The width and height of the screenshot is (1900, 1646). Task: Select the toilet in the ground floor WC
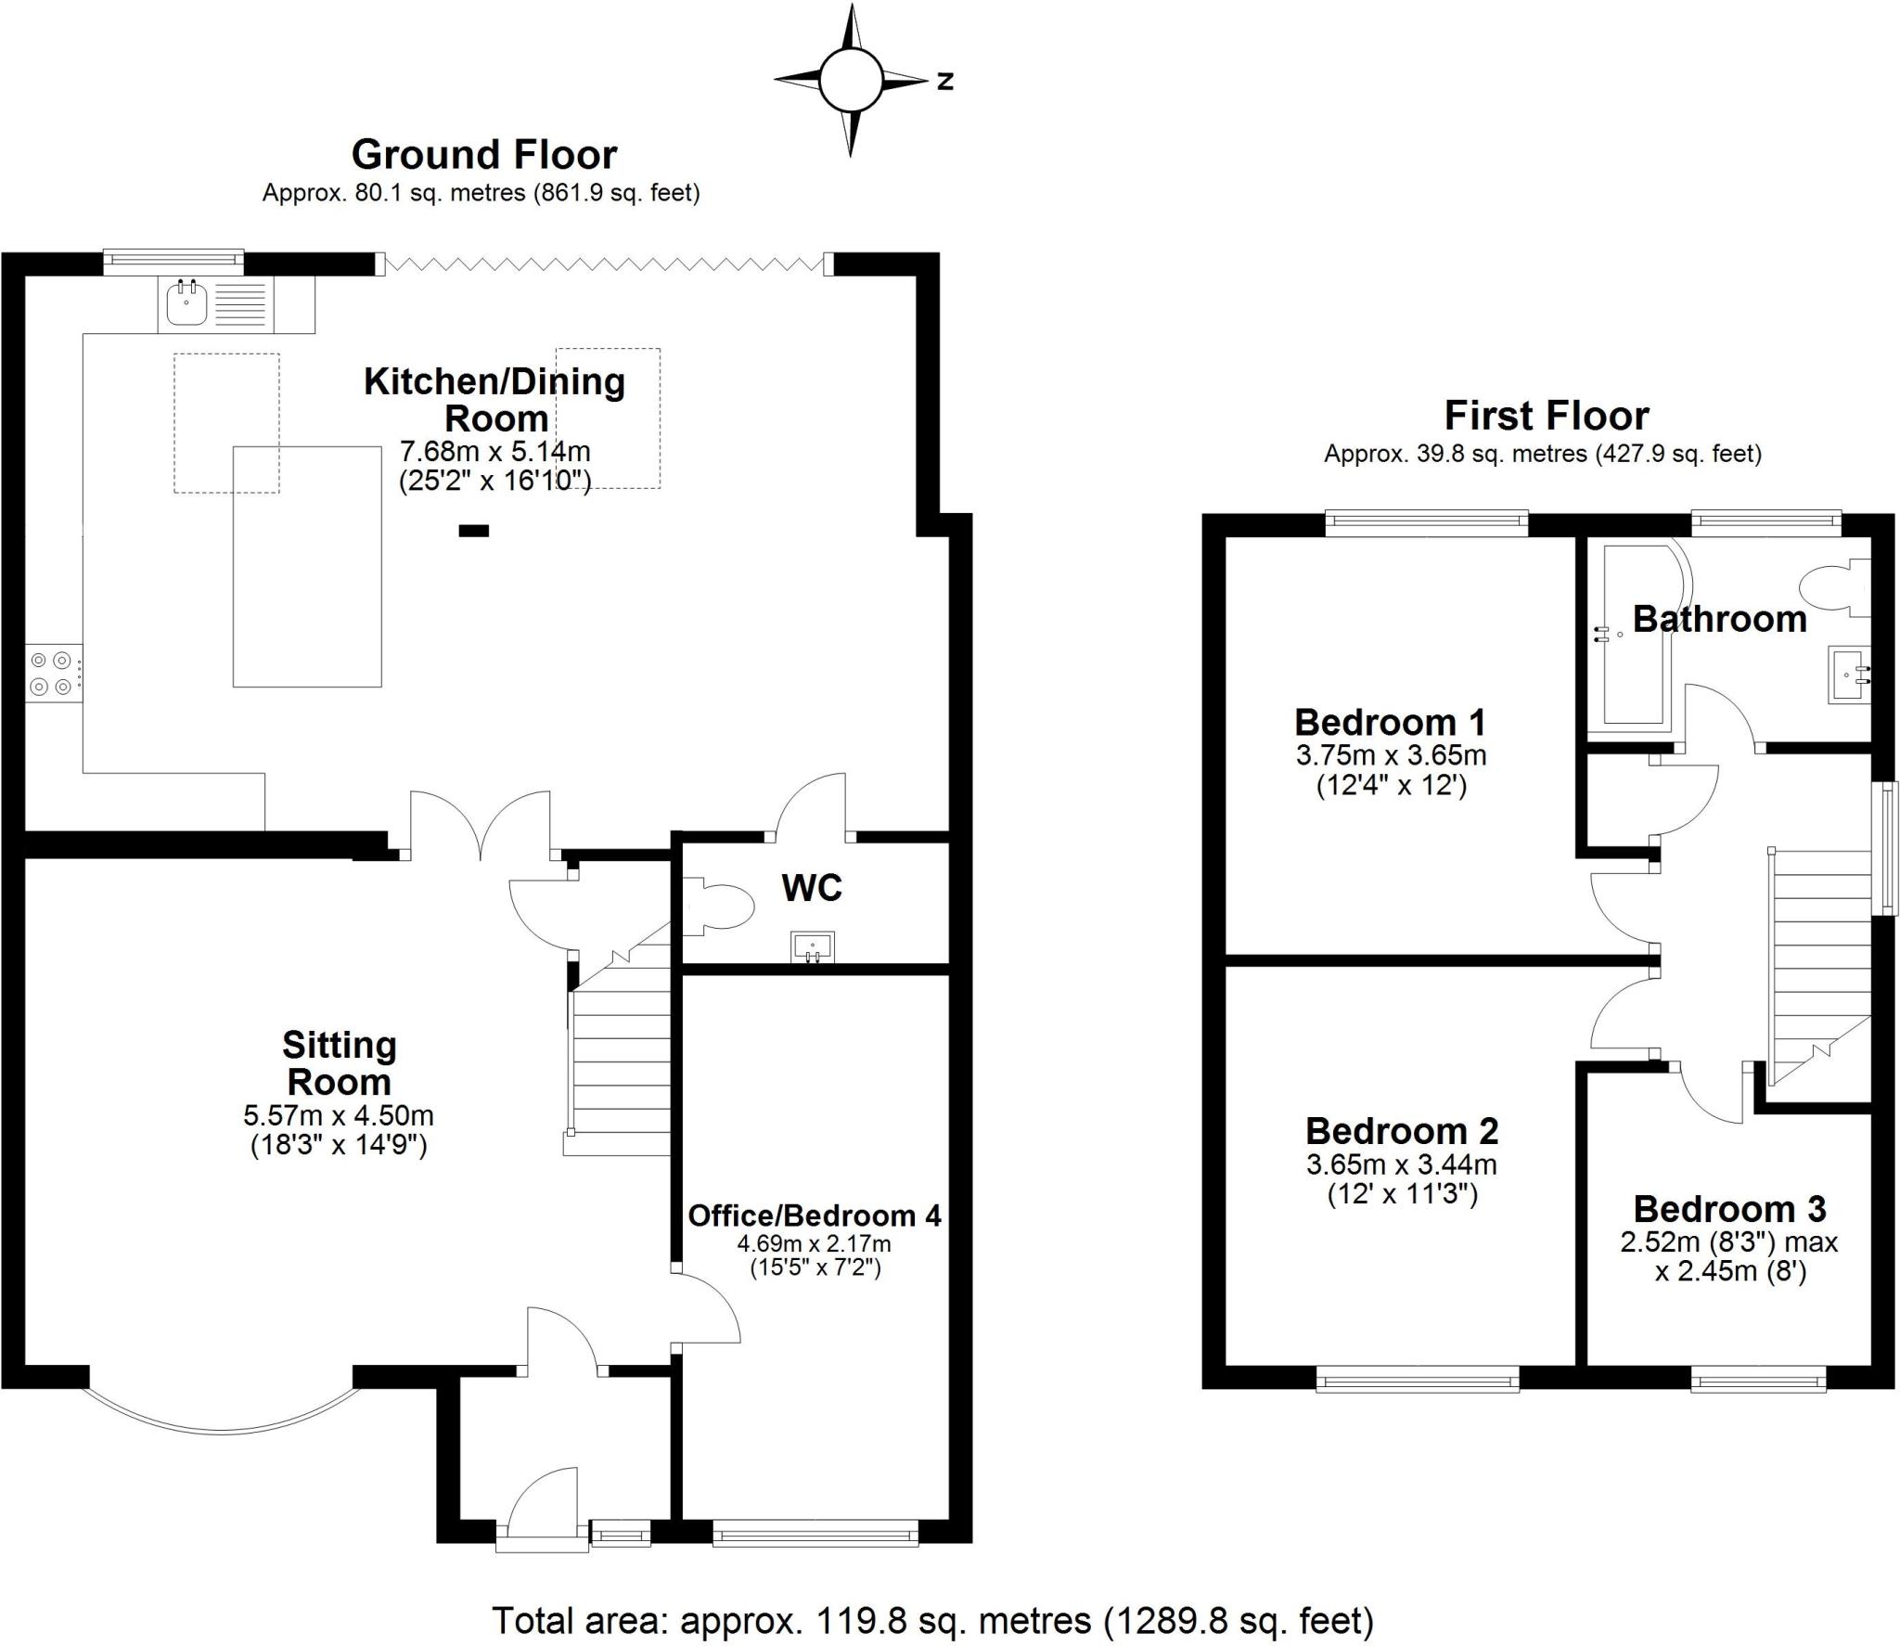point(723,905)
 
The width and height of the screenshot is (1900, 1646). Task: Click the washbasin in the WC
point(813,947)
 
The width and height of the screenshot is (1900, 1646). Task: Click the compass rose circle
point(849,81)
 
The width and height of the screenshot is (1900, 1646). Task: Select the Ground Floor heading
point(483,155)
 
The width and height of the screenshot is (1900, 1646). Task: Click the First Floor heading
point(1546,416)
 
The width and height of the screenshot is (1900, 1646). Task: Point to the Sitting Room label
point(339,1063)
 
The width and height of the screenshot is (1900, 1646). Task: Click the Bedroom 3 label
point(1729,1208)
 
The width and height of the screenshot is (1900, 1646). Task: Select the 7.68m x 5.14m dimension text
point(494,452)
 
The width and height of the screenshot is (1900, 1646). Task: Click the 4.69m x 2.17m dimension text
point(814,1243)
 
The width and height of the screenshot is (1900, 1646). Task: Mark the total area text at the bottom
point(931,1620)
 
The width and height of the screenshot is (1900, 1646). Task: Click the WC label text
point(812,888)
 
